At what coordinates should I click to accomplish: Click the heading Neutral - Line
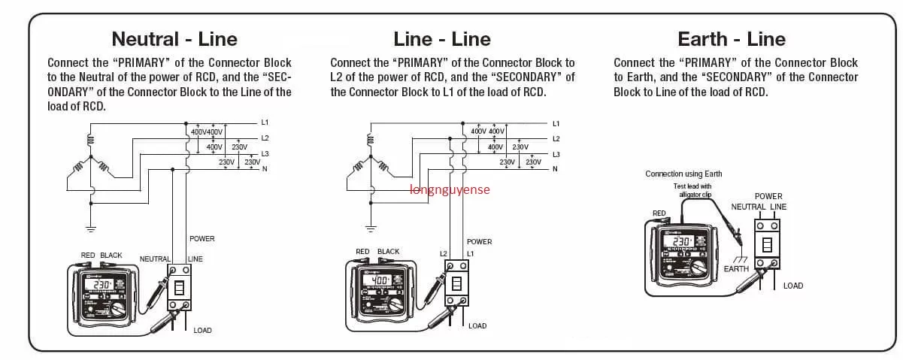[x=174, y=39]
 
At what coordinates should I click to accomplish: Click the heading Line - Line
[x=442, y=39]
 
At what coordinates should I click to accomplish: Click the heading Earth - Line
[x=732, y=39]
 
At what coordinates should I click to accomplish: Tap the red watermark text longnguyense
[x=450, y=189]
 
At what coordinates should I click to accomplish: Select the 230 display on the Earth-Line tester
[x=682, y=241]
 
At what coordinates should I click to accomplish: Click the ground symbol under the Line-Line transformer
[x=370, y=226]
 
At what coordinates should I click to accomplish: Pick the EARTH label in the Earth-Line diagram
[x=736, y=269]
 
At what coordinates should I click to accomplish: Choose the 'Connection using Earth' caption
[x=683, y=174]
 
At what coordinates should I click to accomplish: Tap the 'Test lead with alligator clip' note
[x=692, y=190]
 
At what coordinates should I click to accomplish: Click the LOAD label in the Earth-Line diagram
[x=793, y=286]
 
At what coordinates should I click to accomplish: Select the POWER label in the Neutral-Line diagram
[x=202, y=239]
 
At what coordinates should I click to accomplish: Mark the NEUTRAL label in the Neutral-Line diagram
[x=154, y=259]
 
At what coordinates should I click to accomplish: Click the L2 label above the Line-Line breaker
[x=444, y=254]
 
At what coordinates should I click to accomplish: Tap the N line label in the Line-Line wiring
[x=555, y=169]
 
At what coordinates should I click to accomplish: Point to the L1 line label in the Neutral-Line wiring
[x=265, y=122]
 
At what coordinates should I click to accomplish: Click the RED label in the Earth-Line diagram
[x=659, y=213]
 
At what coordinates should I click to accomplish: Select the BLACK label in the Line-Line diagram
[x=388, y=252]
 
